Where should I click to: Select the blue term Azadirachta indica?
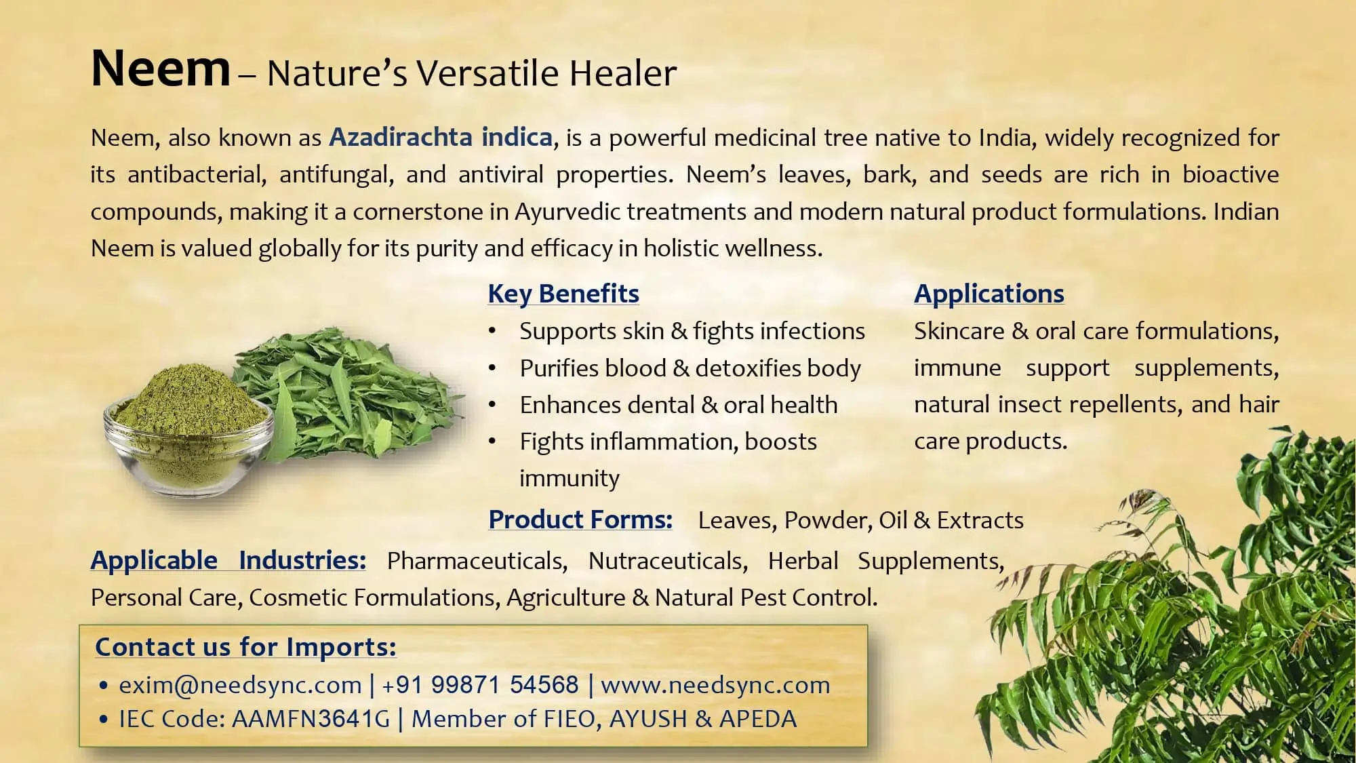(441, 138)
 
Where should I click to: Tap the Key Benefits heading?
(563, 294)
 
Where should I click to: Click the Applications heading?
(989, 294)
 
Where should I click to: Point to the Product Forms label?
(580, 520)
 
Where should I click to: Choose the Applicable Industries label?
(228, 561)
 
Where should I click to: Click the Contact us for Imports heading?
(245, 647)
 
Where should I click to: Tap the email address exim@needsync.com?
(240, 685)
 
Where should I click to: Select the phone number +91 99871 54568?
(480, 685)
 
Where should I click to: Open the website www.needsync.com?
(715, 685)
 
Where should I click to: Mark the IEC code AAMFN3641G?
(311, 719)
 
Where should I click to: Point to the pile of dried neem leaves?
(353, 393)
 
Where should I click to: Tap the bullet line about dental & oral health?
(678, 405)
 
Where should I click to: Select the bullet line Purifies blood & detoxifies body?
(690, 368)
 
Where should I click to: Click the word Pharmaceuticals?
(477, 561)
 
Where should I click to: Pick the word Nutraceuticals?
(667, 561)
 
